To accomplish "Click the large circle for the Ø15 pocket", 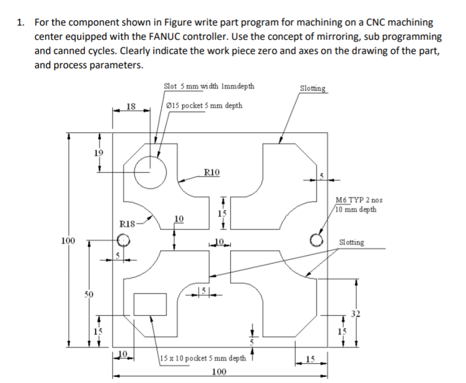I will pyautogui.click(x=150, y=172).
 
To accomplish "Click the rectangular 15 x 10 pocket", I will pyautogui.click(x=150, y=304).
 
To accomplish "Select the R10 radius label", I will pyautogui.click(x=211, y=173).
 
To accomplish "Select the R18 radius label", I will pyautogui.click(x=128, y=224).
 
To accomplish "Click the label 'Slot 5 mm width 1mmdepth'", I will pyautogui.click(x=209, y=86).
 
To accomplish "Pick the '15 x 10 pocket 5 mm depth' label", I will pyautogui.click(x=203, y=358).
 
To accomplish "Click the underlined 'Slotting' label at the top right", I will pyautogui.click(x=312, y=89).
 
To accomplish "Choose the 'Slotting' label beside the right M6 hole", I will pyautogui.click(x=351, y=242).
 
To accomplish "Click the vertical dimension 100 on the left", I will pyautogui.click(x=68, y=241).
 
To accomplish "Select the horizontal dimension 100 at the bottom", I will pyautogui.click(x=219, y=372).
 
